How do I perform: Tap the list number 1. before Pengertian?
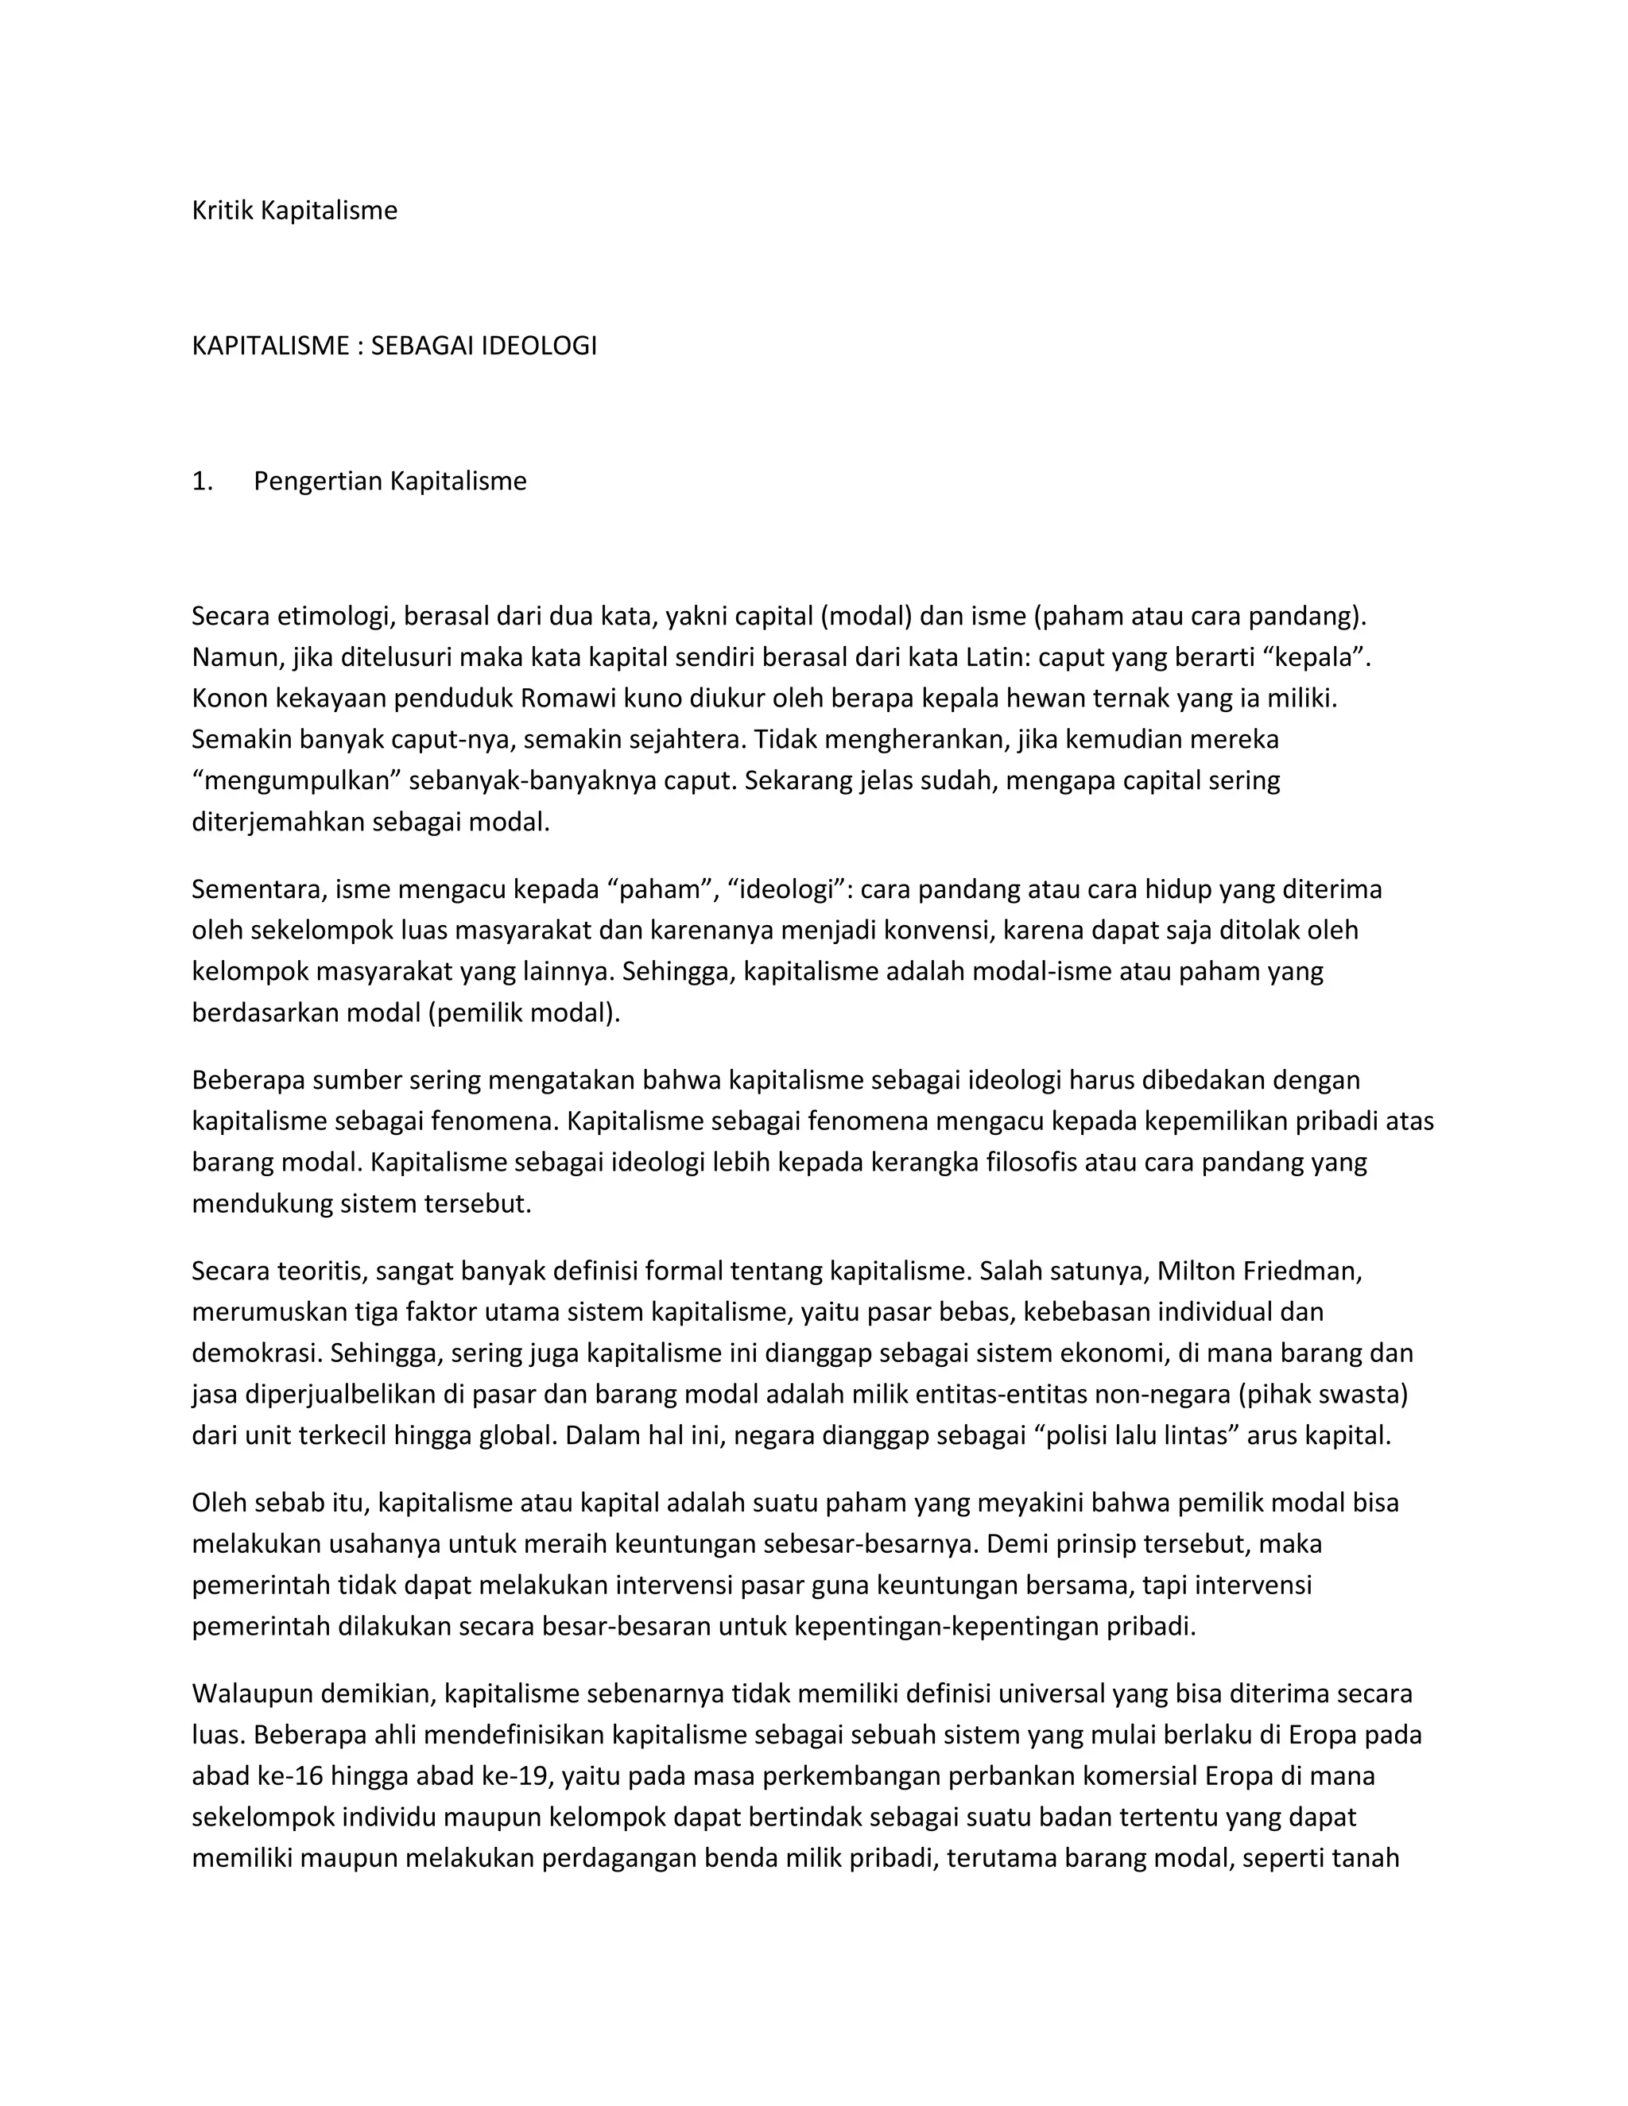coord(203,481)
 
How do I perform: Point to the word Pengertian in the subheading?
coord(317,481)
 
